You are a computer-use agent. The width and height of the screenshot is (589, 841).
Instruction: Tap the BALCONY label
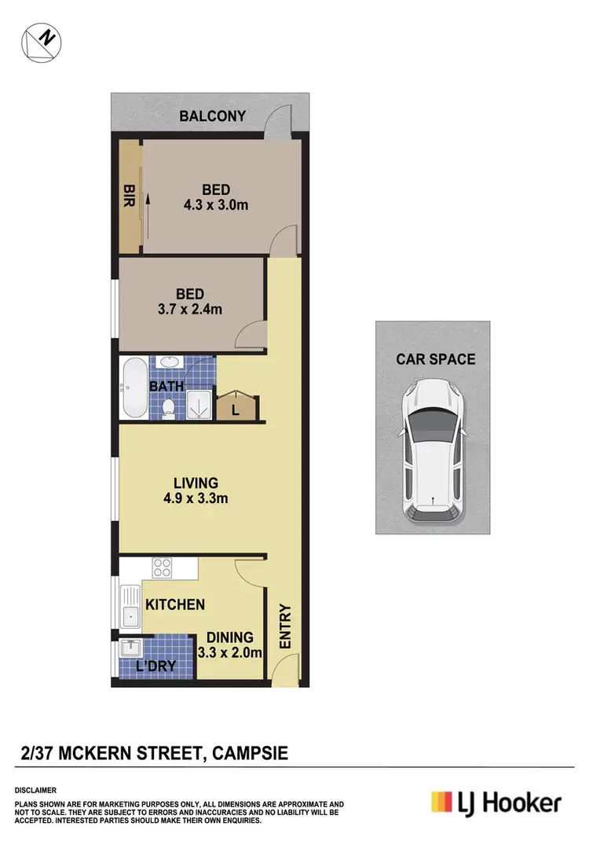213,116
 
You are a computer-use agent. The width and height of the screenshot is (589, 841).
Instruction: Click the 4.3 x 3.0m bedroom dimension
216,205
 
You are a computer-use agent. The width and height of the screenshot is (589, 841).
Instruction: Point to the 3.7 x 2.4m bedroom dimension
189,309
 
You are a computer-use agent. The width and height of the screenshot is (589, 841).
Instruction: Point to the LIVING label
196,483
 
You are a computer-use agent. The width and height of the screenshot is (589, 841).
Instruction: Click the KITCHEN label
174,604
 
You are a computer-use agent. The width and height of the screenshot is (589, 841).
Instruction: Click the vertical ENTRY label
285,626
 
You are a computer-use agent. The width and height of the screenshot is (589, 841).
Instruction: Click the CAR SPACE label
436,359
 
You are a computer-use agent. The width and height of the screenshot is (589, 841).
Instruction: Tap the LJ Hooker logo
496,802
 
